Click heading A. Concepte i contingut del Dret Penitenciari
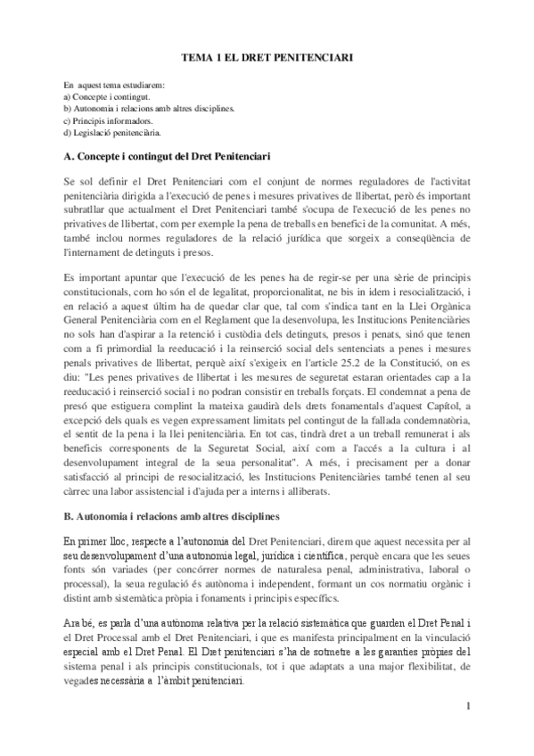coord(168,157)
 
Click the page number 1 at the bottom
coord(466,707)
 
